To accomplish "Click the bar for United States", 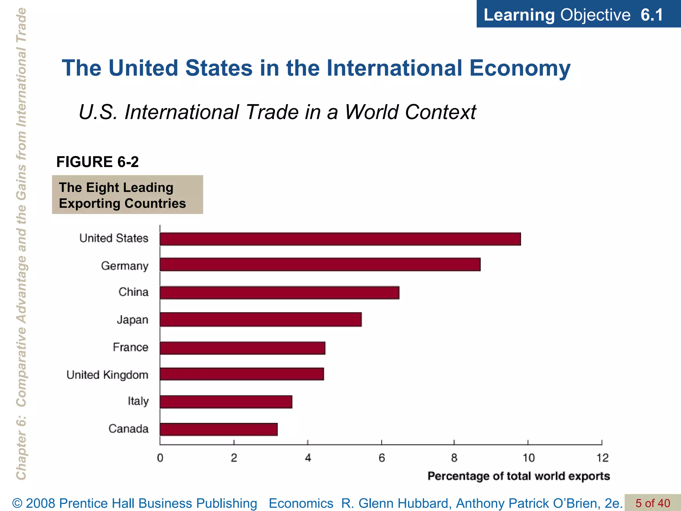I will [340, 239].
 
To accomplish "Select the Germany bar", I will [320, 264].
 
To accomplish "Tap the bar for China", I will [279, 292].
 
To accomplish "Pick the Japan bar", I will [261, 319].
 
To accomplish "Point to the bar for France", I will [242, 348].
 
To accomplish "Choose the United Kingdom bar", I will [242, 374].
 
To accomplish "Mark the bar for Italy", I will [226, 402].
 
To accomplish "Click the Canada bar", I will [218, 429].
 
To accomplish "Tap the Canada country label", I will [128, 429].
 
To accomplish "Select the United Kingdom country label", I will [107, 375].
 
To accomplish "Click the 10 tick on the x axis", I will [528, 458].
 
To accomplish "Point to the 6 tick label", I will [381, 458].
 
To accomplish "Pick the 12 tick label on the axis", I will [602, 458].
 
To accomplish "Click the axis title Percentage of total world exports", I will [518, 476].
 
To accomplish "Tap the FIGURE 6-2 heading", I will [97, 162].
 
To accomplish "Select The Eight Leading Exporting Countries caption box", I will [127, 195].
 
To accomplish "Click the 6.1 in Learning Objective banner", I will [652, 15].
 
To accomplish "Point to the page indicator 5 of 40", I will [652, 503].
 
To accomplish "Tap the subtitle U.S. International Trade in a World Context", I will [277, 112].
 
